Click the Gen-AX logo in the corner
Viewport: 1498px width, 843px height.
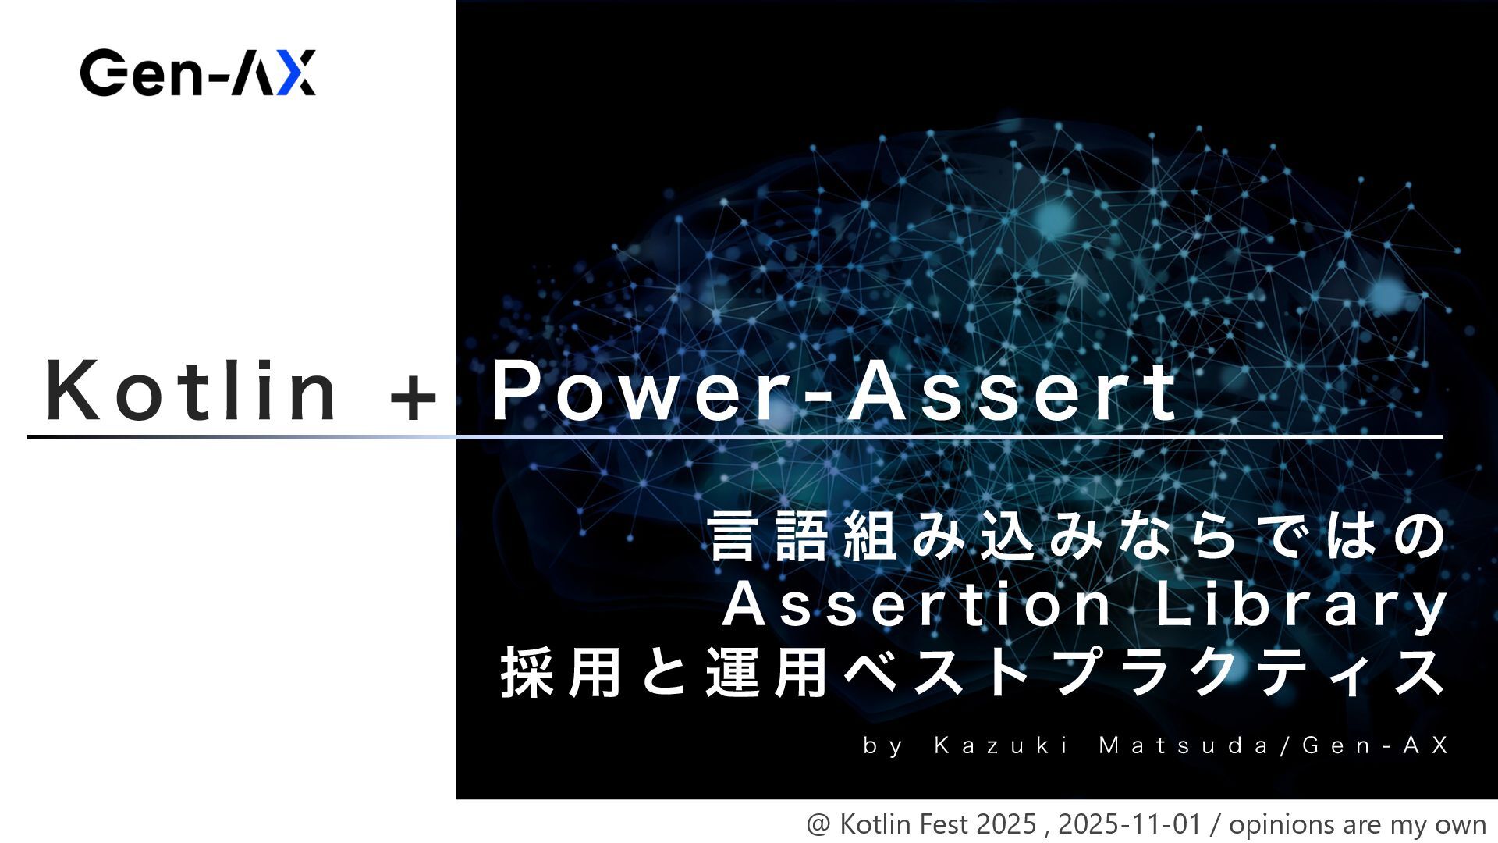pos(198,73)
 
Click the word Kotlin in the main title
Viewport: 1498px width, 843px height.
pos(191,390)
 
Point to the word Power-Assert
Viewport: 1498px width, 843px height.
pos(833,390)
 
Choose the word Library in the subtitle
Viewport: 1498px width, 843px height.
pos(1301,605)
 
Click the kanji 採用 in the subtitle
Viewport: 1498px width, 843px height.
pos(561,672)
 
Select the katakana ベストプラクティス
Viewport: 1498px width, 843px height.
pos(1147,672)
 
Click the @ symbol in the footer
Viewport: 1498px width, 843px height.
pos(818,825)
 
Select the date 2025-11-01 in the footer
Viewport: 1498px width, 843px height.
pos(1129,824)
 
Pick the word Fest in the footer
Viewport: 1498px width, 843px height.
pos(942,824)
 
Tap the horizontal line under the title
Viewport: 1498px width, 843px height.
pos(733,437)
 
